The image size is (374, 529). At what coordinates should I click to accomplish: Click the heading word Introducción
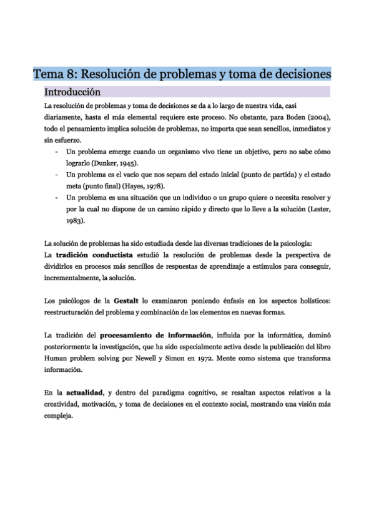point(69,92)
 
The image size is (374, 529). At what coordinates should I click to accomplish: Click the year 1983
point(75,220)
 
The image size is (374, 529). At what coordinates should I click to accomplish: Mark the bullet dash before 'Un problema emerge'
point(57,152)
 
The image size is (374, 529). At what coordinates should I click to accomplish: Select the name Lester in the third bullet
point(319,209)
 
